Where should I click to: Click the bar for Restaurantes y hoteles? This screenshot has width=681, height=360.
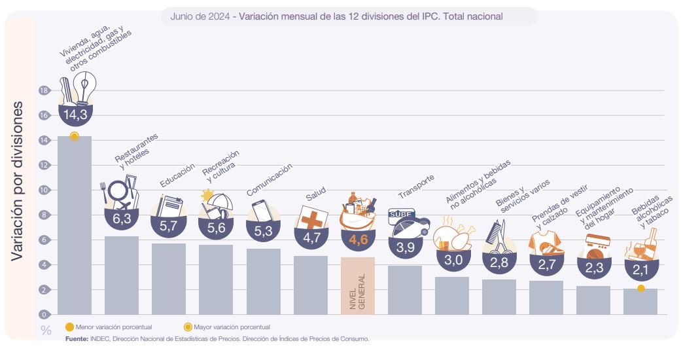coord(122,275)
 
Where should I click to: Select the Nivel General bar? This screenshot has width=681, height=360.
coord(358,286)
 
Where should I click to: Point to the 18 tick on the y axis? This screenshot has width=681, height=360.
coord(44,91)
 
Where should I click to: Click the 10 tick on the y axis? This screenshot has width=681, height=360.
coord(44,190)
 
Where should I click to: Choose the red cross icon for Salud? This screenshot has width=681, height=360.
coord(309,217)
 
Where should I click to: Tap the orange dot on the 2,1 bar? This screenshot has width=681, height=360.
coord(641,288)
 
